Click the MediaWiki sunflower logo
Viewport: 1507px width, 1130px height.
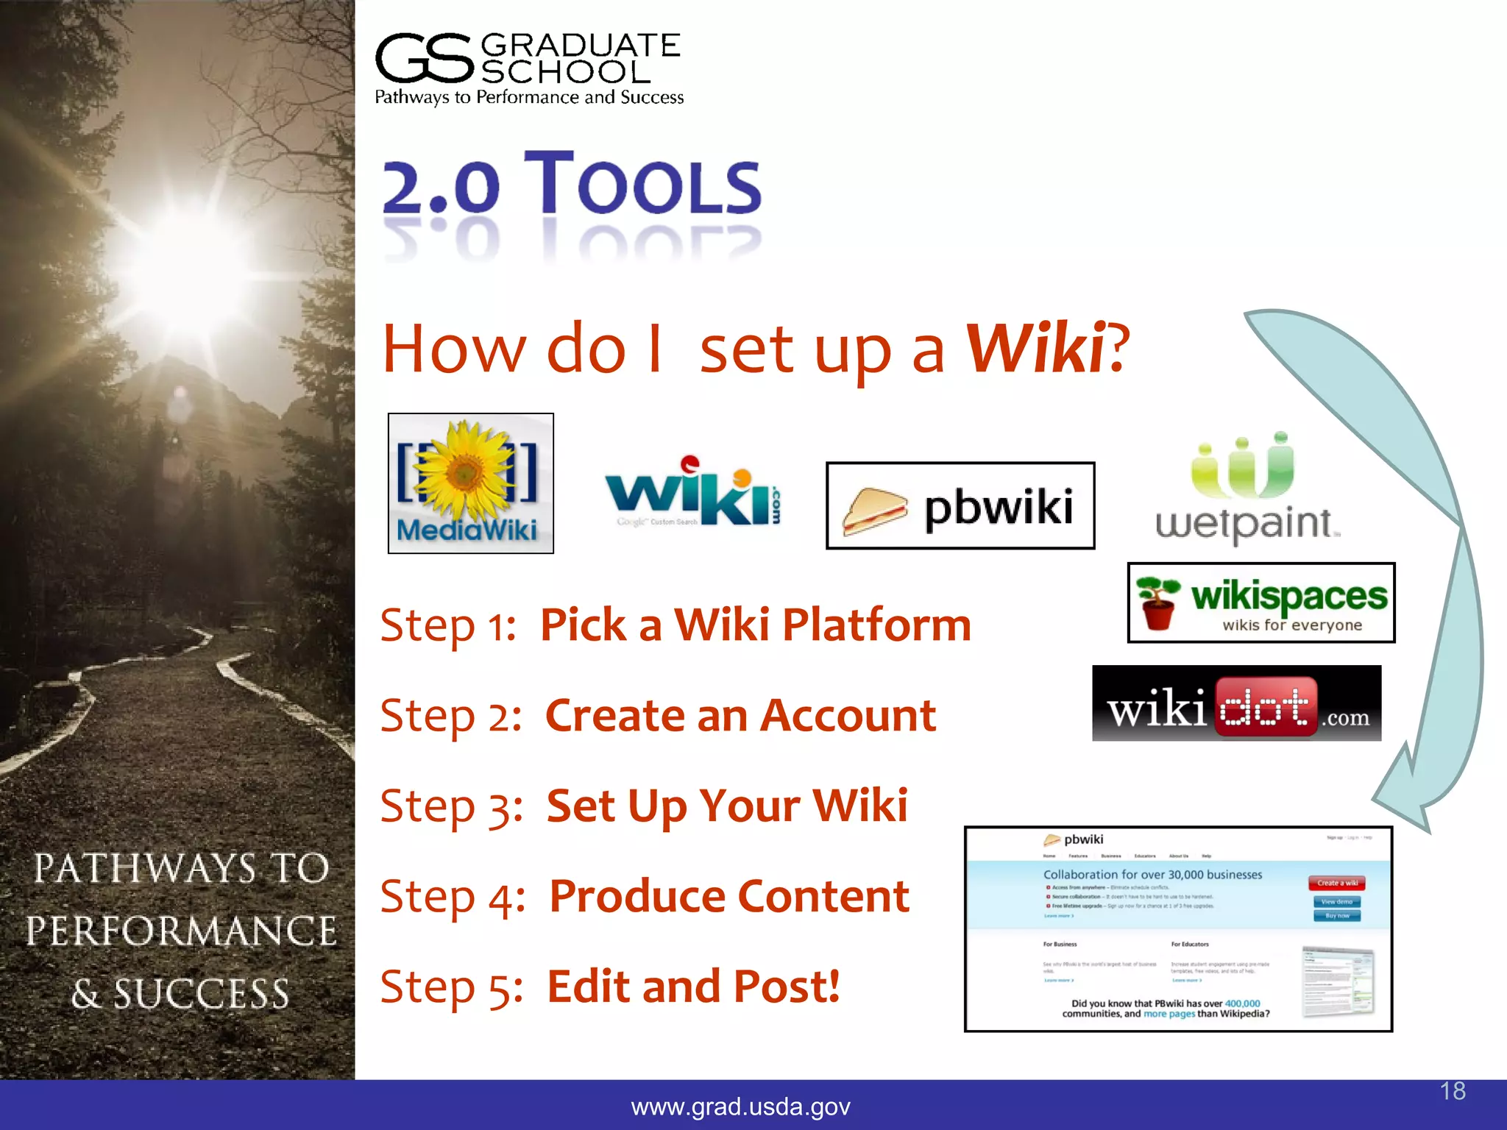coord(470,483)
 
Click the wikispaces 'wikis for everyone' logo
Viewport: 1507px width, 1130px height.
coord(1260,603)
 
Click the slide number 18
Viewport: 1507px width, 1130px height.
coord(1453,1091)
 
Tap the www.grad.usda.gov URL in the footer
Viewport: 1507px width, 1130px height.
coord(740,1106)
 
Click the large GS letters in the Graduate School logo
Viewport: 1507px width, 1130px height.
coord(424,59)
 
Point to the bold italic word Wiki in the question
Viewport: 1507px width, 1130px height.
coord(1035,349)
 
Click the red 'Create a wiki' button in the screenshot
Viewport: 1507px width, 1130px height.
coord(1337,883)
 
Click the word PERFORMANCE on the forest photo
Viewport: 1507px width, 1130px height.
coord(181,931)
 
